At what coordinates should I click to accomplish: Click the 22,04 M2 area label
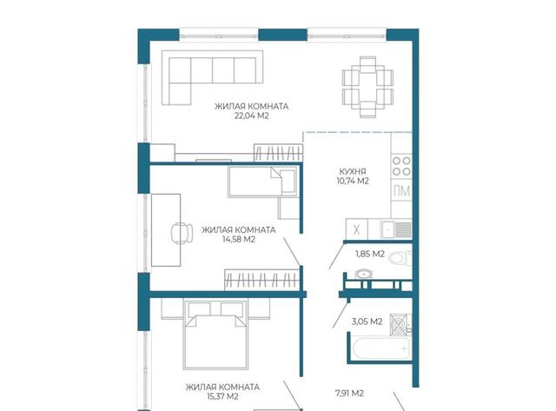(x=251, y=116)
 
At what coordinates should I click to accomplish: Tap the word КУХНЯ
(x=353, y=172)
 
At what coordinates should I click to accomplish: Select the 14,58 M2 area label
(x=239, y=239)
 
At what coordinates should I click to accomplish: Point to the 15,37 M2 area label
(x=222, y=396)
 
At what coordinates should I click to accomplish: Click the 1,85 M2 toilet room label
(x=370, y=254)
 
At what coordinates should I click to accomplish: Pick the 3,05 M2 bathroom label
(x=367, y=322)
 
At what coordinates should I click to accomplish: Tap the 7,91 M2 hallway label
(x=349, y=394)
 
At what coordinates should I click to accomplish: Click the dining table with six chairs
(x=367, y=87)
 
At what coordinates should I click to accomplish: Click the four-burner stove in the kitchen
(x=401, y=166)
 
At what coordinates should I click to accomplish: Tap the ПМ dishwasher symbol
(x=401, y=191)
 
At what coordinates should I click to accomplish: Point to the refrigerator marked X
(x=357, y=229)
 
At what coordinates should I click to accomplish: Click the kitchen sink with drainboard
(x=396, y=229)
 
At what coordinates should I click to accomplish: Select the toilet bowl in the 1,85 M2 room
(x=400, y=258)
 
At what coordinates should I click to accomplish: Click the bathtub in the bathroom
(x=381, y=348)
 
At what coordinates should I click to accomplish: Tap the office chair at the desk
(x=182, y=233)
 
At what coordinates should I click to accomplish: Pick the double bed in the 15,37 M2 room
(x=215, y=335)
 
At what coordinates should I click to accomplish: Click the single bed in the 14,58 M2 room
(x=262, y=182)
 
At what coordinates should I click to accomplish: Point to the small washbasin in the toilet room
(x=363, y=274)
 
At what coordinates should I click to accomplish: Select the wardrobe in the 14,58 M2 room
(x=262, y=280)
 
